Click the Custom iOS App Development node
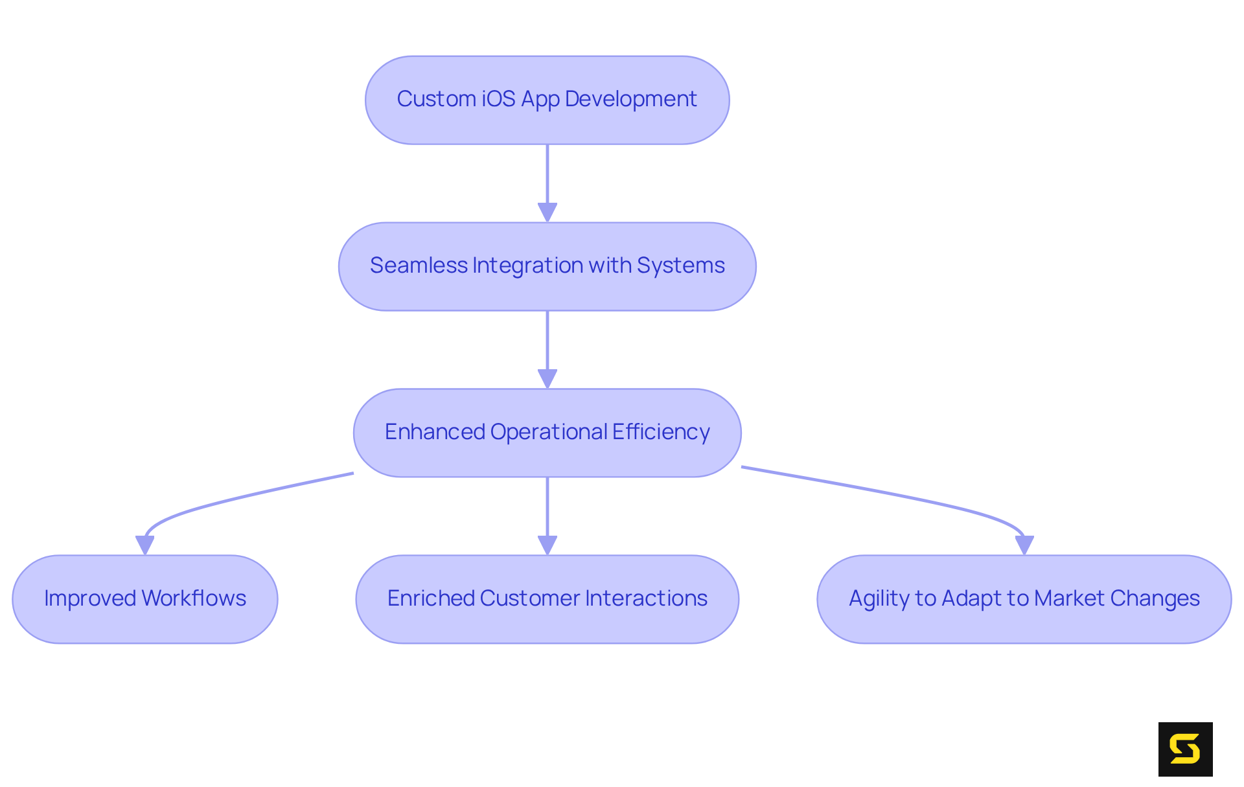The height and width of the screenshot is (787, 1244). click(x=547, y=100)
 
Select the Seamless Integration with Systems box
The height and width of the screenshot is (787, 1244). click(x=547, y=266)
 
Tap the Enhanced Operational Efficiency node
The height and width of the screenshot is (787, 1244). click(x=547, y=433)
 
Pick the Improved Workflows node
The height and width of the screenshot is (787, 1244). click(x=145, y=599)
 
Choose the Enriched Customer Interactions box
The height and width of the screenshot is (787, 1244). click(x=547, y=599)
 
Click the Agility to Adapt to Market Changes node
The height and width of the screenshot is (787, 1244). click(x=1024, y=599)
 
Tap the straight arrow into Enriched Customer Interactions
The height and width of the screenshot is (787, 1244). click(x=547, y=512)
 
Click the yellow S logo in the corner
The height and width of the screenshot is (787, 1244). click(x=1185, y=749)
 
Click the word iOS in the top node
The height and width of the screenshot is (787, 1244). click(x=498, y=99)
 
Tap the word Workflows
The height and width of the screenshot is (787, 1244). click(x=194, y=599)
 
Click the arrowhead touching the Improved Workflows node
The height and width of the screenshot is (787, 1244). click(x=144, y=545)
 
